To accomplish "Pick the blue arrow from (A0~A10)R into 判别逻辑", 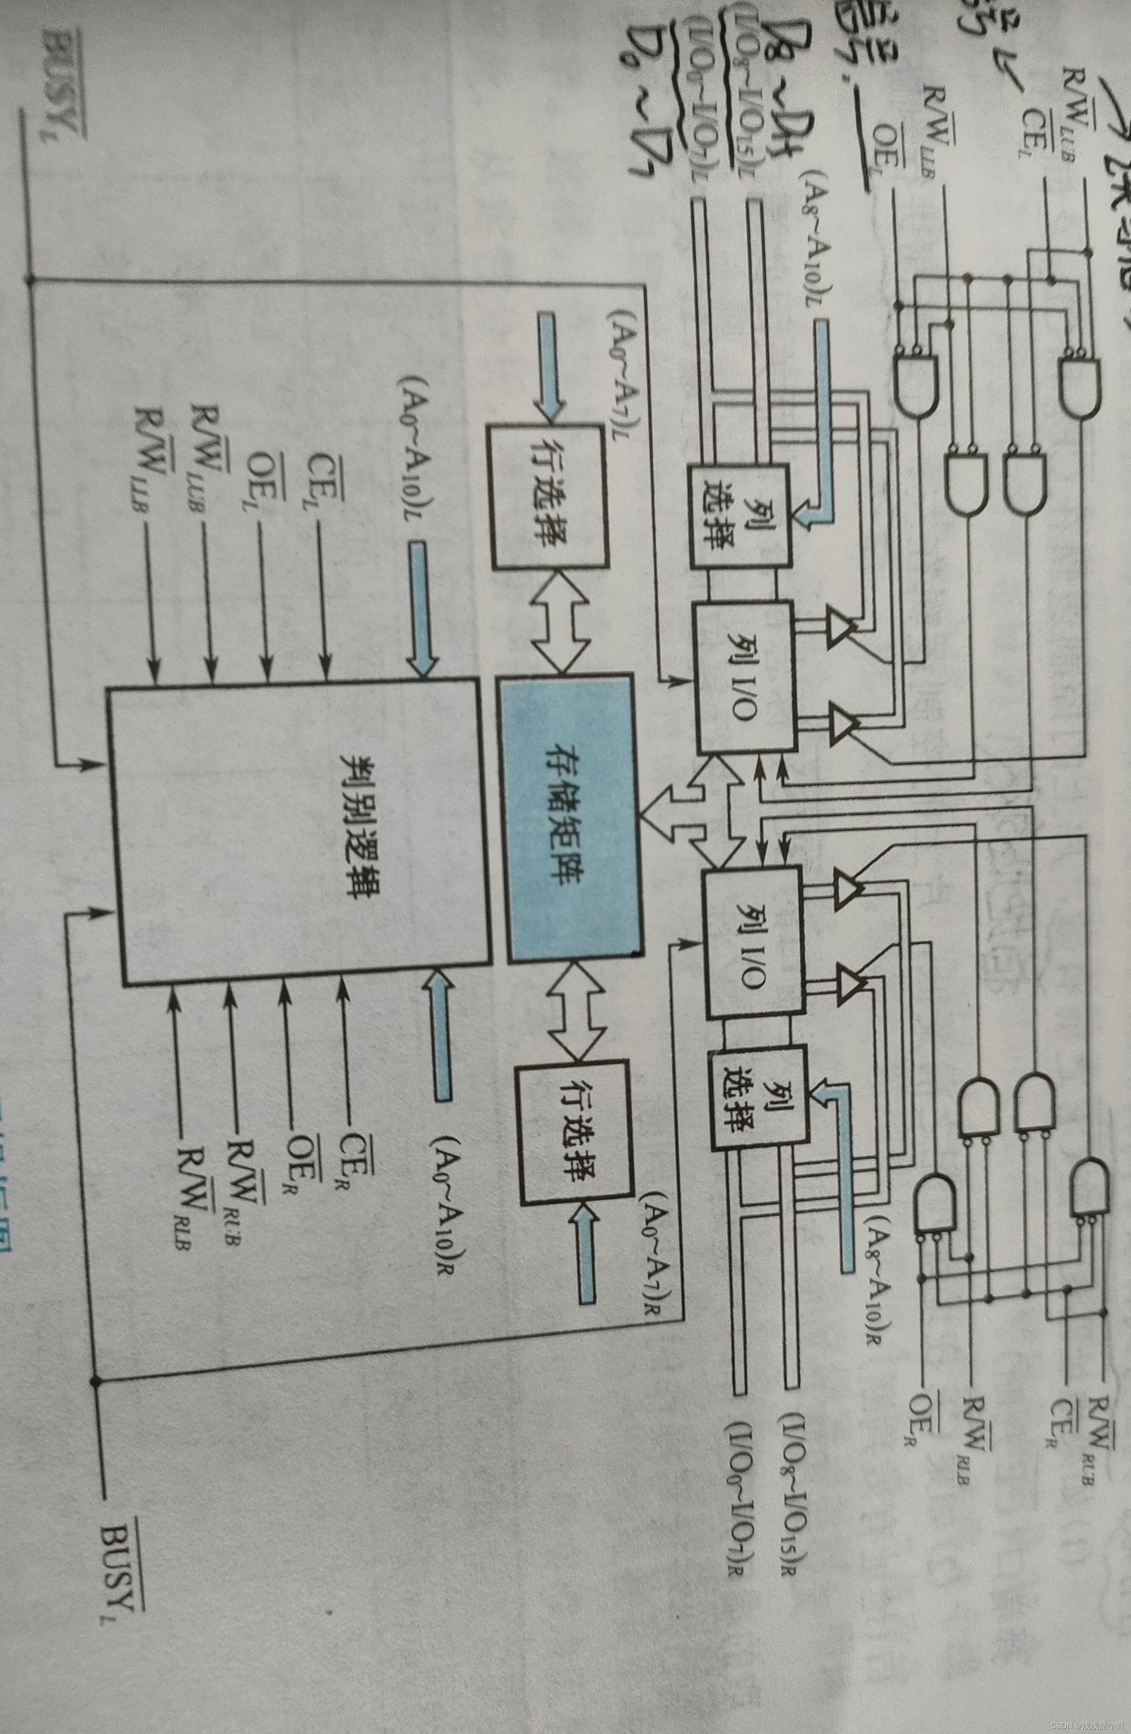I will click(x=440, y=1034).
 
